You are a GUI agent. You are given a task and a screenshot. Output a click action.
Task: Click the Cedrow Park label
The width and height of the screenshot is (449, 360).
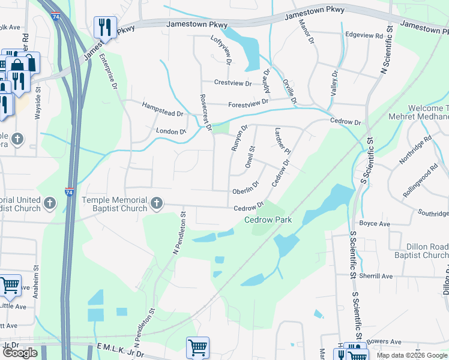coord(268,220)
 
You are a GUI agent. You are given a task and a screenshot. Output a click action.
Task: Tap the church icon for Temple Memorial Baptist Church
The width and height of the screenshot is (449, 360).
coord(156,203)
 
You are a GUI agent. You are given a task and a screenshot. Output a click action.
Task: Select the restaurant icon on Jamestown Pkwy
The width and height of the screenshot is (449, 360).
coord(105,27)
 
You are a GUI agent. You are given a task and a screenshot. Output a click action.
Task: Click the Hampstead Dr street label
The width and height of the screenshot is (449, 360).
coord(162,109)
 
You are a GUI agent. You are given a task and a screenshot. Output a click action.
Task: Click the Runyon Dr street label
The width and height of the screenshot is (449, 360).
coord(238,139)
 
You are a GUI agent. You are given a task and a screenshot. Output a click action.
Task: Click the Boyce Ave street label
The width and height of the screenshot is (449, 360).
coord(375,224)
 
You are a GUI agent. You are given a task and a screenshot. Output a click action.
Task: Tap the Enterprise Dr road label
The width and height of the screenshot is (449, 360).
coord(109,71)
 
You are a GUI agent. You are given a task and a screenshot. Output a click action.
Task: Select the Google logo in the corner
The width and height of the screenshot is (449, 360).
coord(20,353)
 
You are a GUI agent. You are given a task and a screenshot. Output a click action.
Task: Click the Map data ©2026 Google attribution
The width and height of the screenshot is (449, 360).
coord(412,355)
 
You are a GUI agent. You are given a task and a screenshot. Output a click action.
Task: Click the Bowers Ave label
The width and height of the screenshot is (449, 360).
coord(385,341)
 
